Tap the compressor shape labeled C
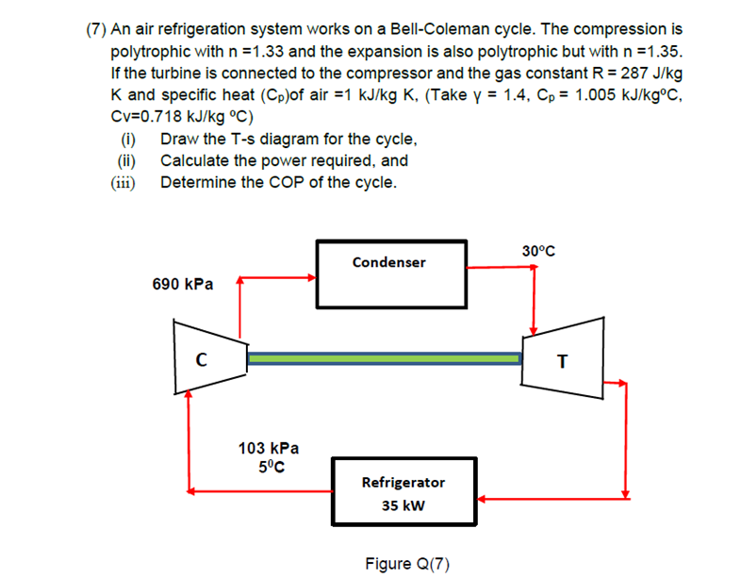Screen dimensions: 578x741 coord(201,357)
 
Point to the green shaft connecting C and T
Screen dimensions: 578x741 coord(383,358)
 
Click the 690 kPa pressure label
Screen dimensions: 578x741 coord(182,283)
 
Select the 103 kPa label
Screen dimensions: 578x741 coord(268,449)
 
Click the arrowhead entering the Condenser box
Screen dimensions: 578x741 coord(312,278)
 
